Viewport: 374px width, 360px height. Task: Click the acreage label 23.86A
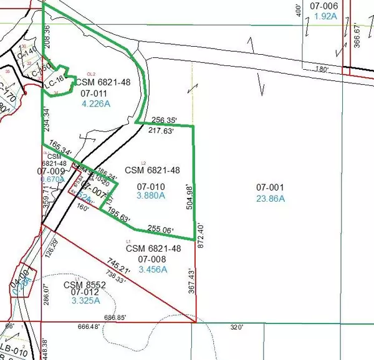coord(270,199)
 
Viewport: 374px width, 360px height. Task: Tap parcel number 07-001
coord(270,187)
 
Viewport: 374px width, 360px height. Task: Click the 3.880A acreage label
coord(149,195)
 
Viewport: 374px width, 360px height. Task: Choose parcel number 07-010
coord(149,184)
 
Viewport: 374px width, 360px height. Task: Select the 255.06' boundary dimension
coord(160,229)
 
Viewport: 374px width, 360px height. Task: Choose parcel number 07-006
coord(324,6)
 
